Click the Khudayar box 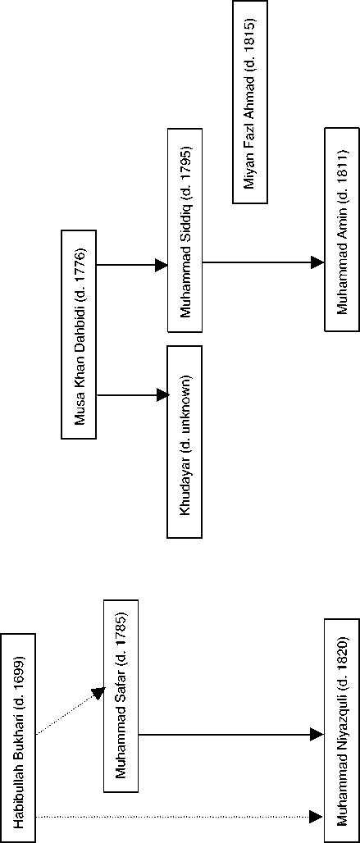185,441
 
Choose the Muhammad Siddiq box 185,230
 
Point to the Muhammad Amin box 342,230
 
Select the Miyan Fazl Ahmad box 250,103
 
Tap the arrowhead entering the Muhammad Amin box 318,263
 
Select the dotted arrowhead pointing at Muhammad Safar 98,693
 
